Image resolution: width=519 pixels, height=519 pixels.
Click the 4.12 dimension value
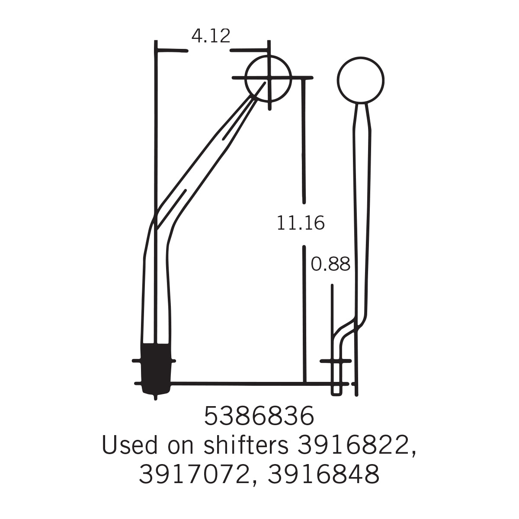click(211, 36)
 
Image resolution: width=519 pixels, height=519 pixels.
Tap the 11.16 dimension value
click(300, 223)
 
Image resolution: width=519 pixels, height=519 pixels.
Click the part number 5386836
click(259, 416)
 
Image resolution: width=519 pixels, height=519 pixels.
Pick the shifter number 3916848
click(324, 474)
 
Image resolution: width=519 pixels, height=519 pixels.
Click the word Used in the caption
click(130, 445)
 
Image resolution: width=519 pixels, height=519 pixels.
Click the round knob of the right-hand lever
click(360, 80)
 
